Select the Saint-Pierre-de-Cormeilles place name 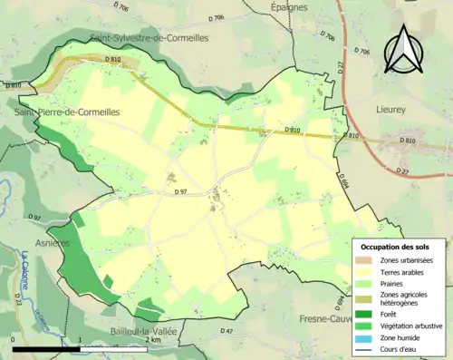pos(56,112)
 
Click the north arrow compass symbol pos(402,50)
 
